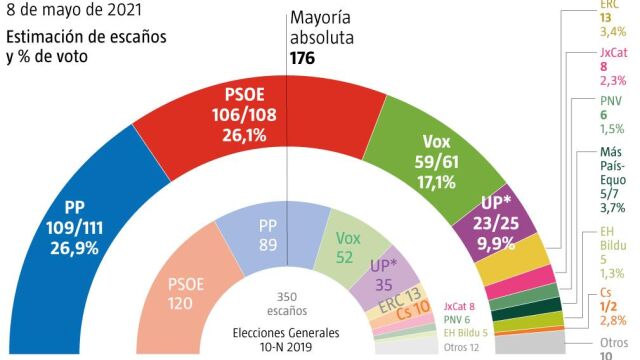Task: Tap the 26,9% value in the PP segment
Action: (x=76, y=249)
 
